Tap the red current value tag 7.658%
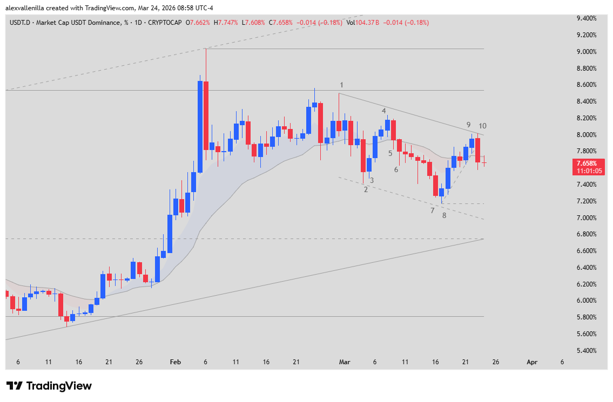coord(589,163)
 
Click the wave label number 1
coord(341,85)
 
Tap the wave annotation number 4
coord(384,111)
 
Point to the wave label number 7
coord(432,210)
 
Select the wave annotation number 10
coord(482,126)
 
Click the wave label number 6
coord(396,170)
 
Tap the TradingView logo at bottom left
coord(49,386)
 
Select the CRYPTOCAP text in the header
coord(165,23)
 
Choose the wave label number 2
coord(366,189)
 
